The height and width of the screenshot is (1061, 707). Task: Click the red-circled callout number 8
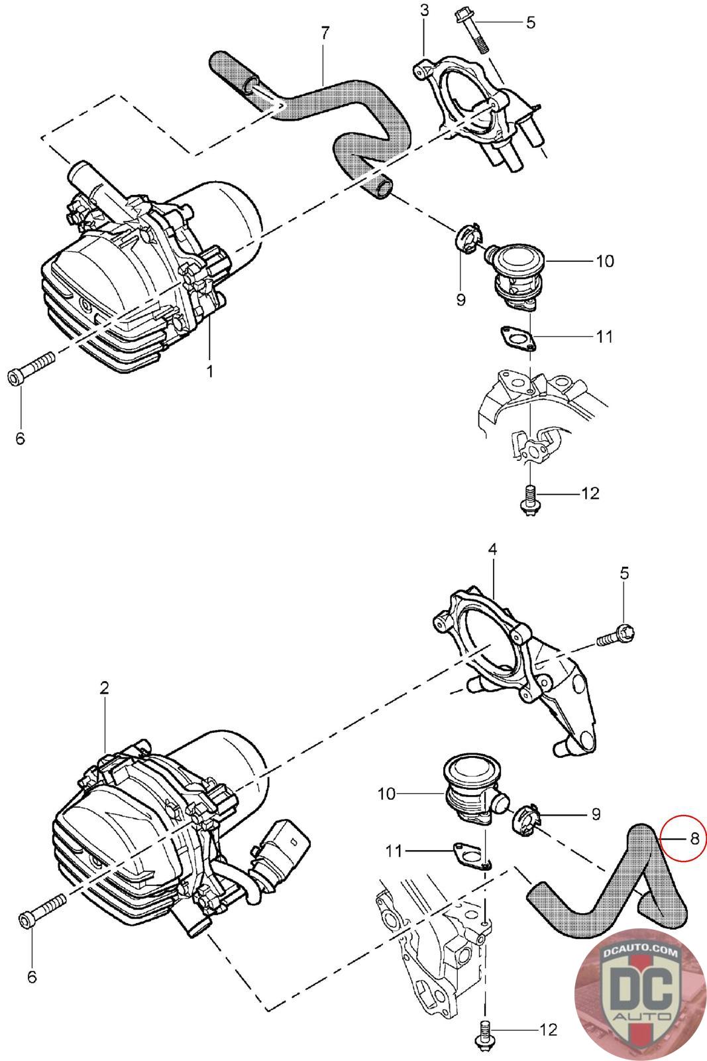(694, 838)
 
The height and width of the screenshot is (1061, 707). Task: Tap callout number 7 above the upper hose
(325, 33)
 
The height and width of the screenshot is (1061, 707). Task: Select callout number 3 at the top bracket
(424, 10)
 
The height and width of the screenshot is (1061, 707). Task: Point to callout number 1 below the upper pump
(210, 371)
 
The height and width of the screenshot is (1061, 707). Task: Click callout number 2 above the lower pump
(104, 688)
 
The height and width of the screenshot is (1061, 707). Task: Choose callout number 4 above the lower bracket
(492, 549)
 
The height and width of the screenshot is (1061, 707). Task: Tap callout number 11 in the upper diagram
(604, 337)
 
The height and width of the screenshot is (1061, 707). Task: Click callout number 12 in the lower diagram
(549, 1030)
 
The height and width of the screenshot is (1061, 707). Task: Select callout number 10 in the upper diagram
(605, 261)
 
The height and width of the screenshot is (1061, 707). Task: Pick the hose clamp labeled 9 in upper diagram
(468, 239)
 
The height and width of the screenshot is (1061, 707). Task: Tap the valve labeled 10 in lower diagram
(468, 789)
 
